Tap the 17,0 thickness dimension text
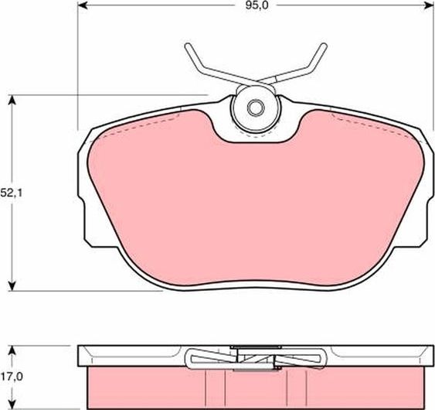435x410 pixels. [x=10, y=378]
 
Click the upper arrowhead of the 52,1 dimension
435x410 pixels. [x=13, y=100]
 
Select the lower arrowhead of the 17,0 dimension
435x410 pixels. [x=13, y=405]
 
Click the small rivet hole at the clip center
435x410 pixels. [x=256, y=107]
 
